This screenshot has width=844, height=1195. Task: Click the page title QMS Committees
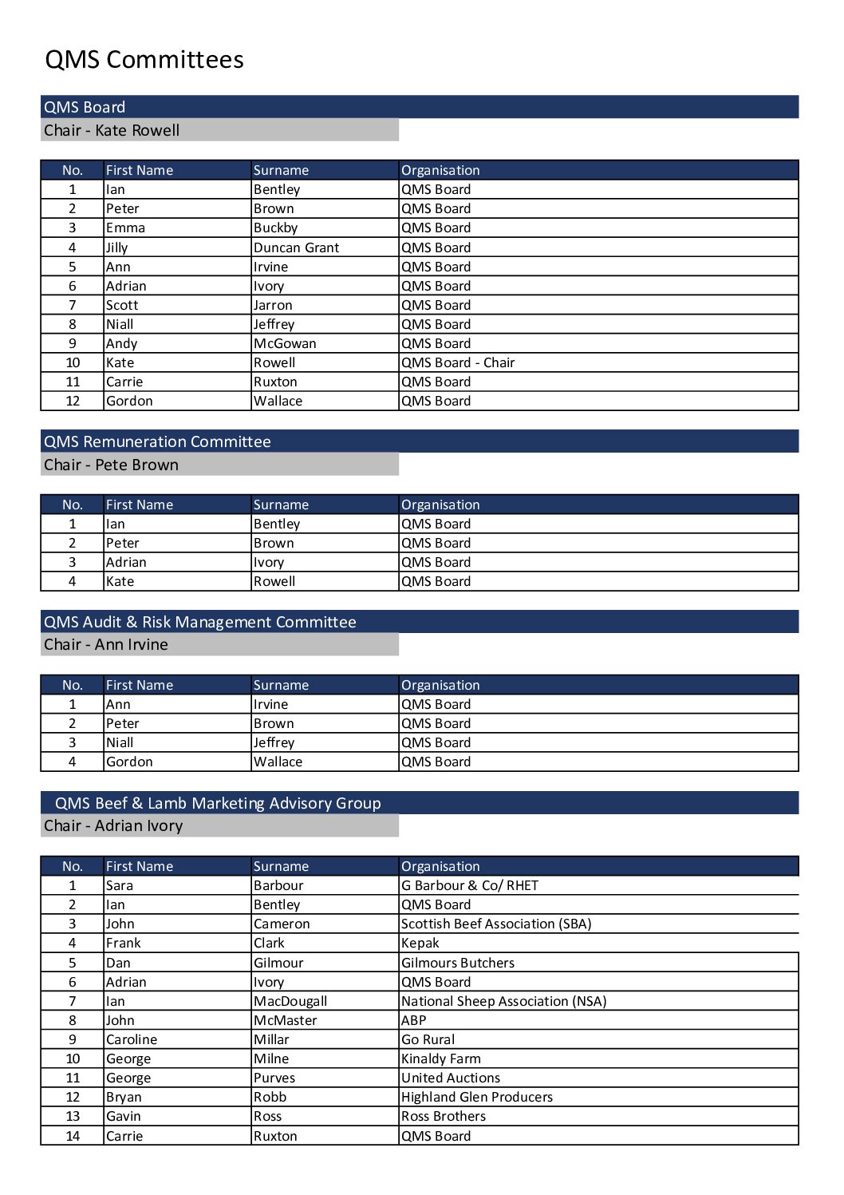(x=144, y=60)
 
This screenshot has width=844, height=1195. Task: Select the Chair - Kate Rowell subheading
(x=112, y=130)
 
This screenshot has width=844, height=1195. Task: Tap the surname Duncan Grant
(x=296, y=247)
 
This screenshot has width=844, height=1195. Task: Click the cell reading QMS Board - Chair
(x=458, y=362)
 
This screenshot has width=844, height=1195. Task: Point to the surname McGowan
(x=285, y=343)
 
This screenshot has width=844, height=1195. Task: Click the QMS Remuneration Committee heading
(x=157, y=441)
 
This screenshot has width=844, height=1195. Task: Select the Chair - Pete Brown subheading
(x=111, y=465)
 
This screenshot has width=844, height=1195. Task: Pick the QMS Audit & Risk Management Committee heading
(x=200, y=622)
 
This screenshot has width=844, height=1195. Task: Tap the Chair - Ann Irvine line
(x=106, y=644)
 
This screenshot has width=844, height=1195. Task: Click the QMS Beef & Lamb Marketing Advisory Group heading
(x=218, y=803)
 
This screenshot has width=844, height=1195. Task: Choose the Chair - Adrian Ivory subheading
(x=113, y=825)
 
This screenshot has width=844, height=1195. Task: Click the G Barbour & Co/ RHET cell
(x=470, y=885)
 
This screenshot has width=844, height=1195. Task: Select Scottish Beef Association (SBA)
(x=496, y=924)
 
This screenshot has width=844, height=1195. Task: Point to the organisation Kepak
(x=420, y=943)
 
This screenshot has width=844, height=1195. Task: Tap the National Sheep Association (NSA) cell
(x=503, y=1001)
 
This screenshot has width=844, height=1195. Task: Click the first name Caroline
(x=132, y=1039)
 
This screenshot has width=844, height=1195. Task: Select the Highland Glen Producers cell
(x=477, y=1097)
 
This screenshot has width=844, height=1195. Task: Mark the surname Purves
(x=275, y=1078)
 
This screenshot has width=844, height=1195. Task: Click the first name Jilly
(x=116, y=247)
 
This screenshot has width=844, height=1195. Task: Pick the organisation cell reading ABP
(x=414, y=1020)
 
